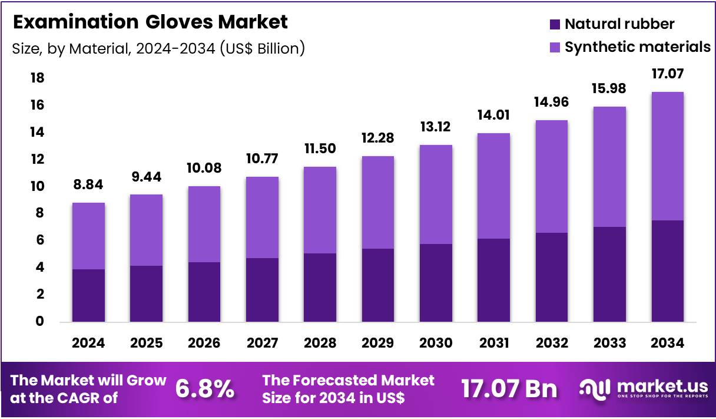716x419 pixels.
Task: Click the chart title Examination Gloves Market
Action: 150,22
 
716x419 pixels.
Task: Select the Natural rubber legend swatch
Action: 555,25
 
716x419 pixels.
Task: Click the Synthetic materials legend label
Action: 637,47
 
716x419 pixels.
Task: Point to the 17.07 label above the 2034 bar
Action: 667,75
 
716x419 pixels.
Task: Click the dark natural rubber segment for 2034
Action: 667,271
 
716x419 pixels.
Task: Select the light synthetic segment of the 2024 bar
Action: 88,236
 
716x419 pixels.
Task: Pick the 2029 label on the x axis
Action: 377,343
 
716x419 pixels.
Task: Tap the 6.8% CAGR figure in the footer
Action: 205,389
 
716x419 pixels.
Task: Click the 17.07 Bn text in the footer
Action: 509,389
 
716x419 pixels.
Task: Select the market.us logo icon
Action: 595,388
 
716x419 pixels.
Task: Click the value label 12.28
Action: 377,139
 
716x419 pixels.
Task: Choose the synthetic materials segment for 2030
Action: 435,194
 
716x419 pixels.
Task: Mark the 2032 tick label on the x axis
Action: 551,343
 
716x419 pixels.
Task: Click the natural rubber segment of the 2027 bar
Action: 262,290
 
